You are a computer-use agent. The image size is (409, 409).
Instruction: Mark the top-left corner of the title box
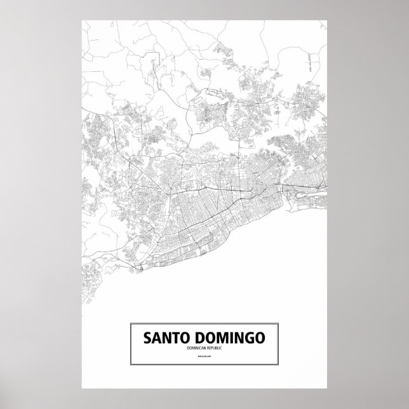point(130,324)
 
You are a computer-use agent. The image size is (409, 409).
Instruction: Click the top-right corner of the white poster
point(327,20)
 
